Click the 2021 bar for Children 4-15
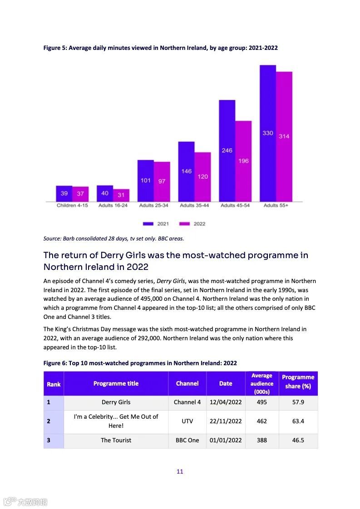tap(64, 194)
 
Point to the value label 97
tap(162, 181)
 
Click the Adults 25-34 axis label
tap(153, 206)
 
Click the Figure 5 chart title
tap(160, 48)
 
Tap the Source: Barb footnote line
tap(113, 238)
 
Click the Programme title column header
tap(116, 383)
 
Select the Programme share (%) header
tap(298, 382)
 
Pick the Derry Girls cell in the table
tap(116, 402)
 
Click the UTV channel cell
tap(187, 421)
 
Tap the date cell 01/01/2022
tap(226, 440)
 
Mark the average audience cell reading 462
tap(262, 421)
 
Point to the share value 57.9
tap(298, 402)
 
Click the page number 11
tap(180, 471)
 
